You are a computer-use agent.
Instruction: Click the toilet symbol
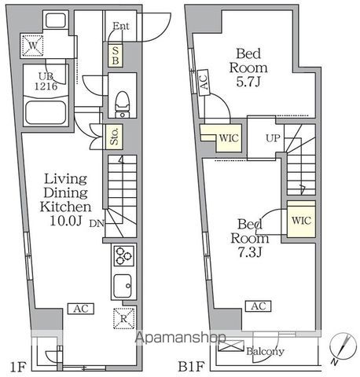pyautogui.click(x=122, y=104)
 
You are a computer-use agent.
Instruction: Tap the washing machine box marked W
pyautogui.click(x=32, y=46)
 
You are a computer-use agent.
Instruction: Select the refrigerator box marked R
pyautogui.click(x=124, y=318)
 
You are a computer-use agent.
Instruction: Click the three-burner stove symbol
pyautogui.click(x=124, y=255)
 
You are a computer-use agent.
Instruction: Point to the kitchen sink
pyautogui.click(x=123, y=286)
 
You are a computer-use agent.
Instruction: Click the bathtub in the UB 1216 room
pyautogui.click(x=46, y=112)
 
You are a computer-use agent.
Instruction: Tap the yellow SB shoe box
pyautogui.click(x=116, y=56)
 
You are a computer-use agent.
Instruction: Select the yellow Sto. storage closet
pyautogui.click(x=114, y=137)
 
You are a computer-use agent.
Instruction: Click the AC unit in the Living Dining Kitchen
pyautogui.click(x=81, y=309)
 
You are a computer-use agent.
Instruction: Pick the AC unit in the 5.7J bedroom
pyautogui.click(x=204, y=82)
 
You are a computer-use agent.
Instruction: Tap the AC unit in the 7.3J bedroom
pyautogui.click(x=259, y=306)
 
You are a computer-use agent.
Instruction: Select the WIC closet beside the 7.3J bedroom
pyautogui.click(x=301, y=219)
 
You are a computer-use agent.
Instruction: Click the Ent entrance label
pyautogui.click(x=121, y=26)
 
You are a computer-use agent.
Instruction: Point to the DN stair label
pyautogui.click(x=97, y=223)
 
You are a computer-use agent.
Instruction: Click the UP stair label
pyautogui.click(x=273, y=138)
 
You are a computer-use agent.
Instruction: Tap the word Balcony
pyautogui.click(x=265, y=351)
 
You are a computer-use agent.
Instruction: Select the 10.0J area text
pyautogui.click(x=66, y=221)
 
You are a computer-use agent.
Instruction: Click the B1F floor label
pyautogui.click(x=191, y=367)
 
